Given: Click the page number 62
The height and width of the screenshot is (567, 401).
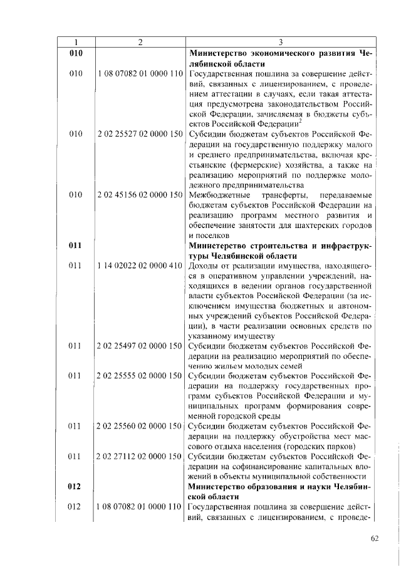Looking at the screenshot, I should click(x=375, y=538).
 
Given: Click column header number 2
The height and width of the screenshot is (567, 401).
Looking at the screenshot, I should click(x=140, y=42).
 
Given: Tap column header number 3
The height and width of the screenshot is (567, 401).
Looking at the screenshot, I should click(x=280, y=42).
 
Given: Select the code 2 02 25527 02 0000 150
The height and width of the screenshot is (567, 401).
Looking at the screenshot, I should click(x=140, y=135).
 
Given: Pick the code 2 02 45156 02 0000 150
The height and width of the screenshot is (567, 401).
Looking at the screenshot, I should click(x=140, y=195).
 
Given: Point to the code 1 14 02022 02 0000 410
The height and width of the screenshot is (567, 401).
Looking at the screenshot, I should click(x=140, y=266).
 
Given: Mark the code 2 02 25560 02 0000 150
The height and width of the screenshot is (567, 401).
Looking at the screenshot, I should click(x=140, y=426).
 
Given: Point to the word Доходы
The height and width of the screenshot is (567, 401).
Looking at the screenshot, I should click(x=204, y=266).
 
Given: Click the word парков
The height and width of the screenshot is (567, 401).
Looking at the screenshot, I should click(x=341, y=446).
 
